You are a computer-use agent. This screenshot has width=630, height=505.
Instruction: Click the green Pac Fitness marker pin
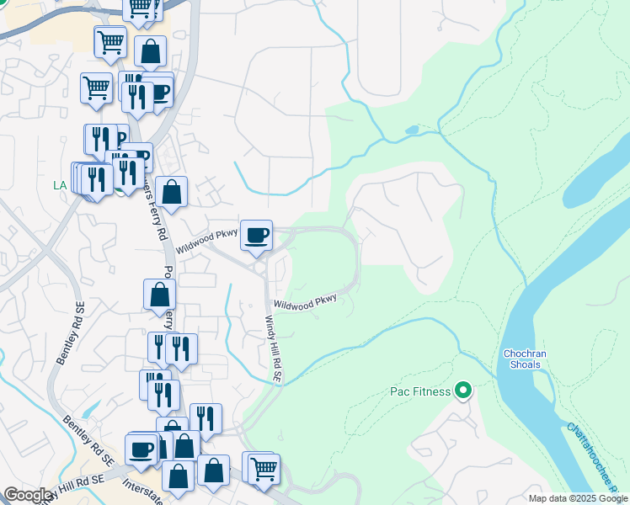[x=462, y=390]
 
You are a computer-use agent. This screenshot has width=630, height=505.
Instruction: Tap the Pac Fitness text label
[x=419, y=391]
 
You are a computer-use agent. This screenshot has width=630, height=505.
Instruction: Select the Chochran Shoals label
[x=524, y=359]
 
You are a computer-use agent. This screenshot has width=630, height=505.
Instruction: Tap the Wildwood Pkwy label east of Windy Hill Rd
[x=306, y=300]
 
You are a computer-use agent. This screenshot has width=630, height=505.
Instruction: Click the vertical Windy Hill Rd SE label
[x=274, y=349]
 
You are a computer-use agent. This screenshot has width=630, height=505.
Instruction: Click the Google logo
[x=29, y=495]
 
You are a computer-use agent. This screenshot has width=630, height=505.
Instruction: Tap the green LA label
[x=59, y=184]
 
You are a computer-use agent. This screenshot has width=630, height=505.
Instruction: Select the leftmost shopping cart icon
[x=97, y=87]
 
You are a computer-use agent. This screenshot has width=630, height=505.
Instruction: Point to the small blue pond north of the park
[x=411, y=130]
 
